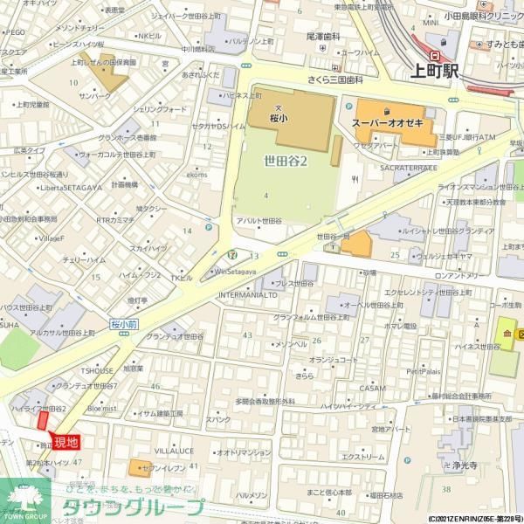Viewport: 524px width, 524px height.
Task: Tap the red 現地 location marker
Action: point(66,442)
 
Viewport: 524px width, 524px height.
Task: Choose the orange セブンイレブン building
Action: point(141,468)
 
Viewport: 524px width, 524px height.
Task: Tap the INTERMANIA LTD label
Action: point(248,295)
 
